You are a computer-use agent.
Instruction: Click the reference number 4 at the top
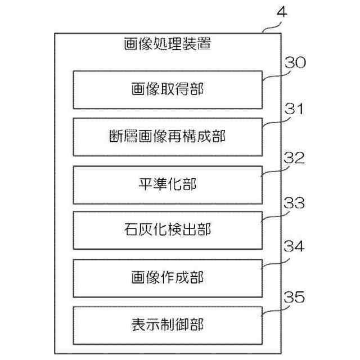pyautogui.click(x=282, y=13)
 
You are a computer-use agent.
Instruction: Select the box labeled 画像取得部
pyautogui.click(x=168, y=89)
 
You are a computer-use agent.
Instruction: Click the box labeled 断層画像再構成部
pyautogui.click(x=168, y=137)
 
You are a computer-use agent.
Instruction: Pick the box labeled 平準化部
pyautogui.click(x=168, y=183)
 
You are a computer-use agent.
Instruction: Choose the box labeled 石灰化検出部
pyautogui.click(x=168, y=230)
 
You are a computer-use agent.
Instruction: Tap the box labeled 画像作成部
pyautogui.click(x=168, y=277)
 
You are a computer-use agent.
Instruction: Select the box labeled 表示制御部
pyautogui.click(x=168, y=325)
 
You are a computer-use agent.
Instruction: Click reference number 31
pyautogui.click(x=293, y=109)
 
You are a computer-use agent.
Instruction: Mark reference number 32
pyautogui.click(x=293, y=157)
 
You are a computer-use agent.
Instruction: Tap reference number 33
pyautogui.click(x=293, y=204)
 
